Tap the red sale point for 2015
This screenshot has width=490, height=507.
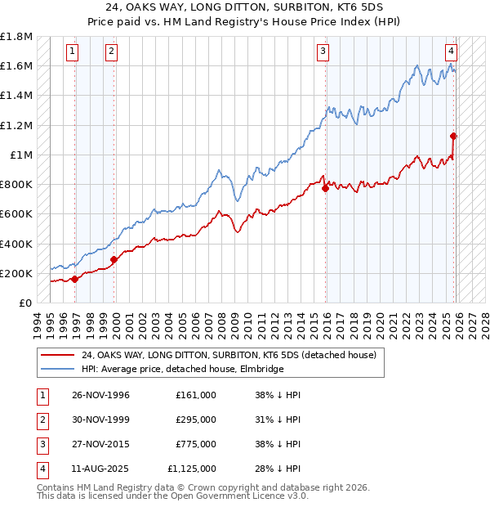click(326, 188)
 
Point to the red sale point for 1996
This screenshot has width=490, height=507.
click(75, 279)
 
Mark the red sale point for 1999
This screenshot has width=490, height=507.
click(114, 259)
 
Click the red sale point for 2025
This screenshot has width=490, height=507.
click(453, 137)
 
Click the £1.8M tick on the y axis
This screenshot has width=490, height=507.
click(17, 37)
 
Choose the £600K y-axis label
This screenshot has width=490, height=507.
click(17, 214)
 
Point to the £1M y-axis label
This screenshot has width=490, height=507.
click(21, 155)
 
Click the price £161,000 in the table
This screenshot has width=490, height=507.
click(196, 395)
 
